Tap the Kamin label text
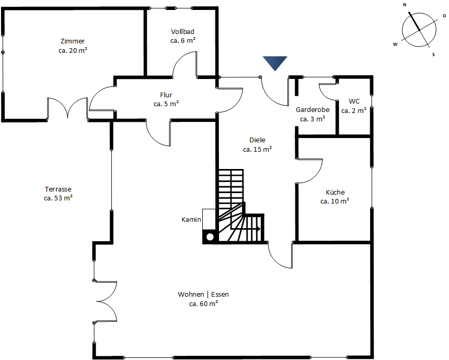[191, 220]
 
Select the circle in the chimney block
[210, 237]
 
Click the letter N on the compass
[405, 5]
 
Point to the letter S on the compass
[433, 54]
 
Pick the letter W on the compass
[395, 44]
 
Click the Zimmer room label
[73, 41]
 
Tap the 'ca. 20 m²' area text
[73, 50]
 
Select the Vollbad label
[183, 31]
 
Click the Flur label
[166, 95]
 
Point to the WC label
[354, 101]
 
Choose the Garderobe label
[313, 109]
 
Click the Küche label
[335, 192]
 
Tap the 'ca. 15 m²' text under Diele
[258, 149]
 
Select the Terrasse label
[58, 189]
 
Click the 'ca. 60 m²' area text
[204, 303]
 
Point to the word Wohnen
[191, 295]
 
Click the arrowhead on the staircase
[258, 229]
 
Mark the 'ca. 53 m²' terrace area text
[58, 198]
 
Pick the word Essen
[220, 295]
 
